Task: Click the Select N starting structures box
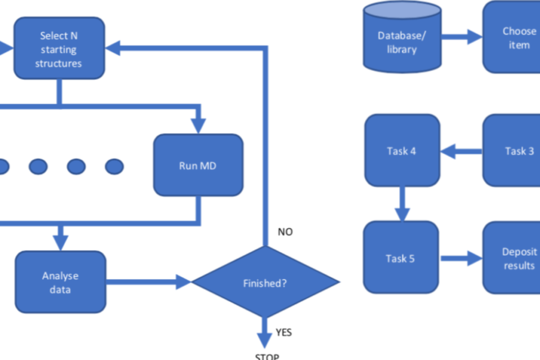(x=59, y=49)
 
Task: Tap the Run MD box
(x=198, y=166)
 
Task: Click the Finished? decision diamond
(x=265, y=283)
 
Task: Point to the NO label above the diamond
(x=284, y=232)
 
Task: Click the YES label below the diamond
(x=283, y=332)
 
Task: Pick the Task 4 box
(x=402, y=151)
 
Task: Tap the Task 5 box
(x=401, y=258)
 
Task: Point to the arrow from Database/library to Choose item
(x=461, y=37)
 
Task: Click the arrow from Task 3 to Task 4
(x=461, y=152)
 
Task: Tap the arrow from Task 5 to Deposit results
(x=461, y=258)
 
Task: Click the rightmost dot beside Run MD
(x=114, y=167)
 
